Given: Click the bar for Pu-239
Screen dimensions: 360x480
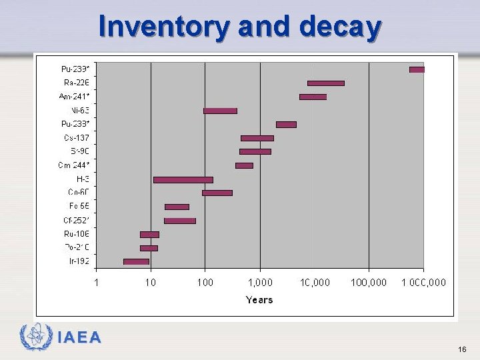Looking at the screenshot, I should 417,69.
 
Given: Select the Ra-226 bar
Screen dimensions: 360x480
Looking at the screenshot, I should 325,83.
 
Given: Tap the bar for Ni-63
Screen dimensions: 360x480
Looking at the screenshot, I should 220,111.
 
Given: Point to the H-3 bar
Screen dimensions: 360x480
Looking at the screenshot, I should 183,179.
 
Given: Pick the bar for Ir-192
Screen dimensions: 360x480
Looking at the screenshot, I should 136,261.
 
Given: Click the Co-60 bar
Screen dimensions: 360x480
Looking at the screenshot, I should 217,193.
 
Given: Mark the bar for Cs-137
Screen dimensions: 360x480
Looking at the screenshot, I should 257,138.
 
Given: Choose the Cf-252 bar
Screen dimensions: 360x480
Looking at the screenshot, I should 179,221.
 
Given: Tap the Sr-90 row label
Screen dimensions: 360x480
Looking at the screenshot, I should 79,151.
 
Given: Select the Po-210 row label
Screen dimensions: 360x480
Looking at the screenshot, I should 77,247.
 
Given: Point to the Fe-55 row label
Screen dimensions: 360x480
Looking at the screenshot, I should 79,206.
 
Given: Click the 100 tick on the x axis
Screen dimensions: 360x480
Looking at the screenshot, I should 205,283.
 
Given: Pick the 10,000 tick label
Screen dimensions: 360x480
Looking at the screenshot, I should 315,283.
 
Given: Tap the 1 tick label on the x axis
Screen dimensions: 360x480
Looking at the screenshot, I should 97,283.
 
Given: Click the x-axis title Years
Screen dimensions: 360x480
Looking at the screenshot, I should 259,300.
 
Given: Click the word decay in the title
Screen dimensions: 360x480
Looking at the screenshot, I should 340,27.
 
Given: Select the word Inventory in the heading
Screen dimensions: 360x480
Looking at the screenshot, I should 164,27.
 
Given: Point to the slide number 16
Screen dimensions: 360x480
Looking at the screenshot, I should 462,349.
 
